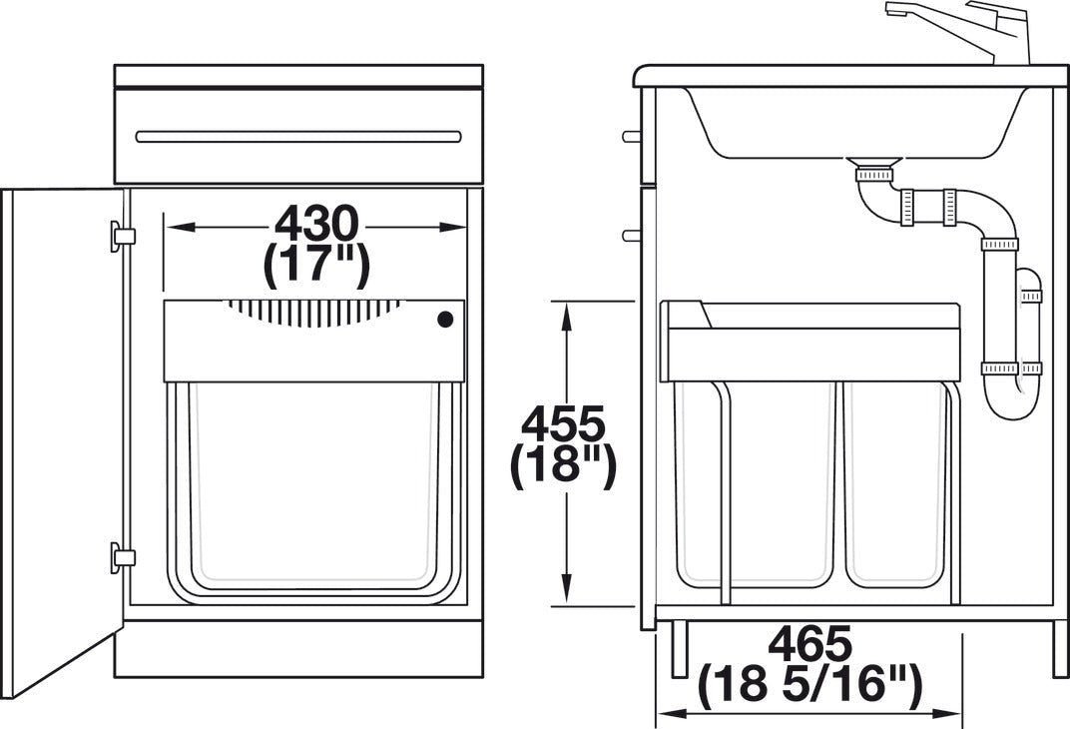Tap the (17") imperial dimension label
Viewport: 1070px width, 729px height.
click(x=315, y=265)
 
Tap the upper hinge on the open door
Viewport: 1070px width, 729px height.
click(x=122, y=235)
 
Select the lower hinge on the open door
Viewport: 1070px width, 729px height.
click(x=122, y=556)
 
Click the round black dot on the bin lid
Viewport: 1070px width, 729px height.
click(x=445, y=320)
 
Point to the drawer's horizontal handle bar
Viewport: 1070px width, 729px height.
click(x=298, y=136)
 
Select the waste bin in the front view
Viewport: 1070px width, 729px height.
click(x=311, y=489)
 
